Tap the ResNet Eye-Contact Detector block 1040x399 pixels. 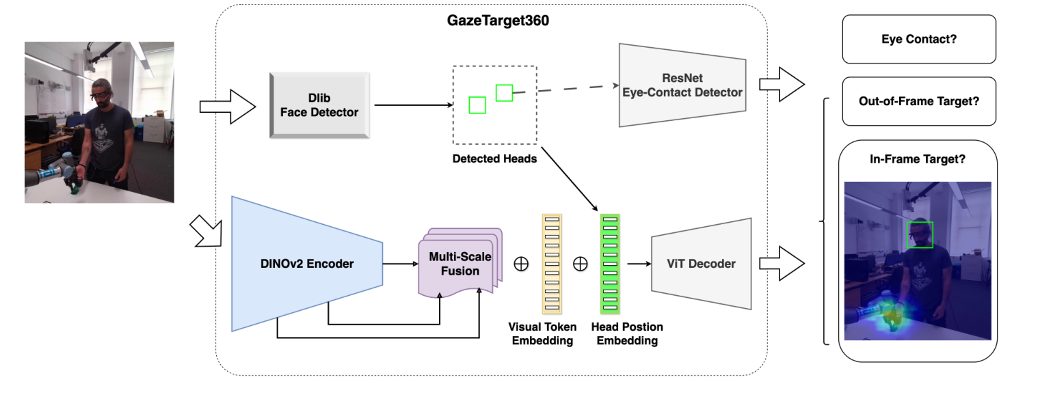(682, 85)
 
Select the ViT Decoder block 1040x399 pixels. (701, 264)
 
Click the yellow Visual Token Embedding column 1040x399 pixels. (551, 263)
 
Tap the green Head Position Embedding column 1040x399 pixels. (609, 263)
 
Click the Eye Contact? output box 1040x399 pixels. (918, 39)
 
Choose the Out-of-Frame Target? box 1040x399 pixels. (918, 101)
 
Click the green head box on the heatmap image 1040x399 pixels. (919, 234)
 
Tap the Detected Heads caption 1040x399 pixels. (493, 159)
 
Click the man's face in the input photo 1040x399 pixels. (101, 92)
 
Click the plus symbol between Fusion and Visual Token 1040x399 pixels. (521, 264)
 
